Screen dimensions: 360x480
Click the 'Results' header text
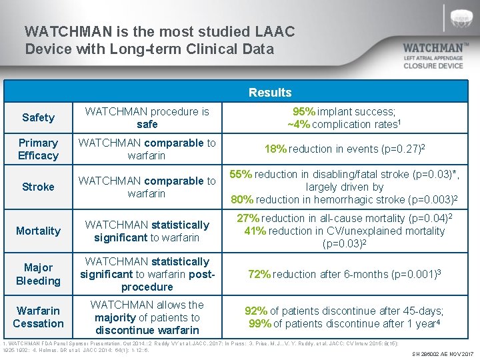(x=270, y=93)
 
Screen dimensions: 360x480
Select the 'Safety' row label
(x=38, y=117)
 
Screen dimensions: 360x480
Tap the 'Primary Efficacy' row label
(x=38, y=149)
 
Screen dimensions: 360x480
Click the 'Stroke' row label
(x=38, y=187)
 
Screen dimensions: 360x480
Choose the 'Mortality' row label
(x=38, y=231)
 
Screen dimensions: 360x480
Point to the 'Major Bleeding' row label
(x=38, y=274)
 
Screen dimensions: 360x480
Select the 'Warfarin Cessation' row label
(x=38, y=317)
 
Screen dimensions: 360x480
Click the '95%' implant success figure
(x=305, y=111)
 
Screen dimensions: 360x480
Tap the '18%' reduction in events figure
(x=276, y=149)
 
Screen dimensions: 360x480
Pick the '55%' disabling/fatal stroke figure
(x=241, y=175)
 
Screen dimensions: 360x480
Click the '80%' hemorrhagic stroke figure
(x=242, y=199)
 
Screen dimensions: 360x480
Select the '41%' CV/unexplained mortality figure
(x=255, y=231)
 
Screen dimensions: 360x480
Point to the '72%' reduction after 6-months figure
(x=259, y=274)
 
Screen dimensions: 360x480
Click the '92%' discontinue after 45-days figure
(x=257, y=311)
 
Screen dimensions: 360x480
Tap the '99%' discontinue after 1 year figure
(x=259, y=323)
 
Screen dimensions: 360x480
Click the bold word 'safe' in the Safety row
(x=147, y=124)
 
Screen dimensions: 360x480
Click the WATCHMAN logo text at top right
(x=436, y=48)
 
